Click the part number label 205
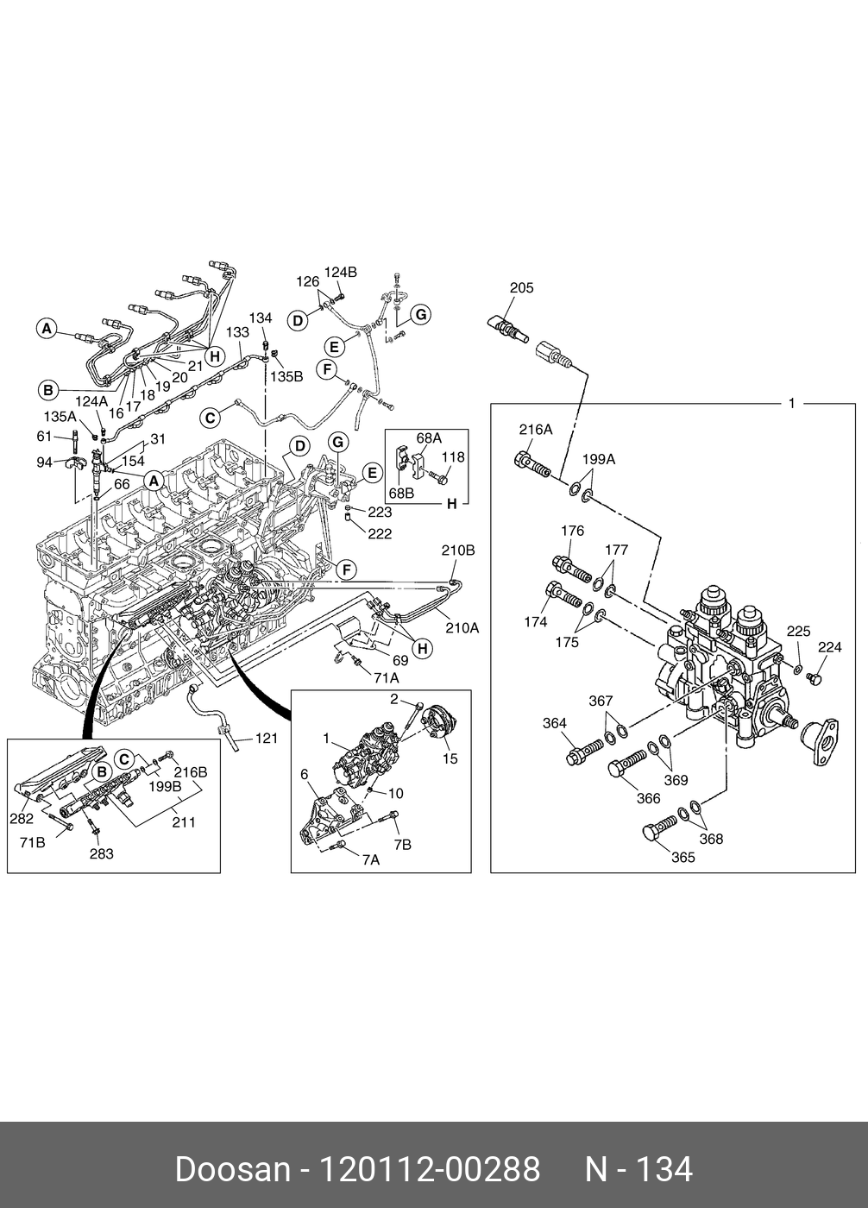click(521, 288)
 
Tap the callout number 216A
click(535, 430)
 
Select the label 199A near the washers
click(599, 459)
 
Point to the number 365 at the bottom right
click(683, 858)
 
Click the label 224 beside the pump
click(830, 646)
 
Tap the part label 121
click(267, 738)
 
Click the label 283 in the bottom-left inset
click(101, 853)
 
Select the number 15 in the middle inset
click(450, 758)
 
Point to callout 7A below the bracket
click(371, 859)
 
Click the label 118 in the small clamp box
click(453, 456)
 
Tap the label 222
click(380, 533)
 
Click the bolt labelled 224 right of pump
click(815, 678)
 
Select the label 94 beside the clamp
click(44, 462)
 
